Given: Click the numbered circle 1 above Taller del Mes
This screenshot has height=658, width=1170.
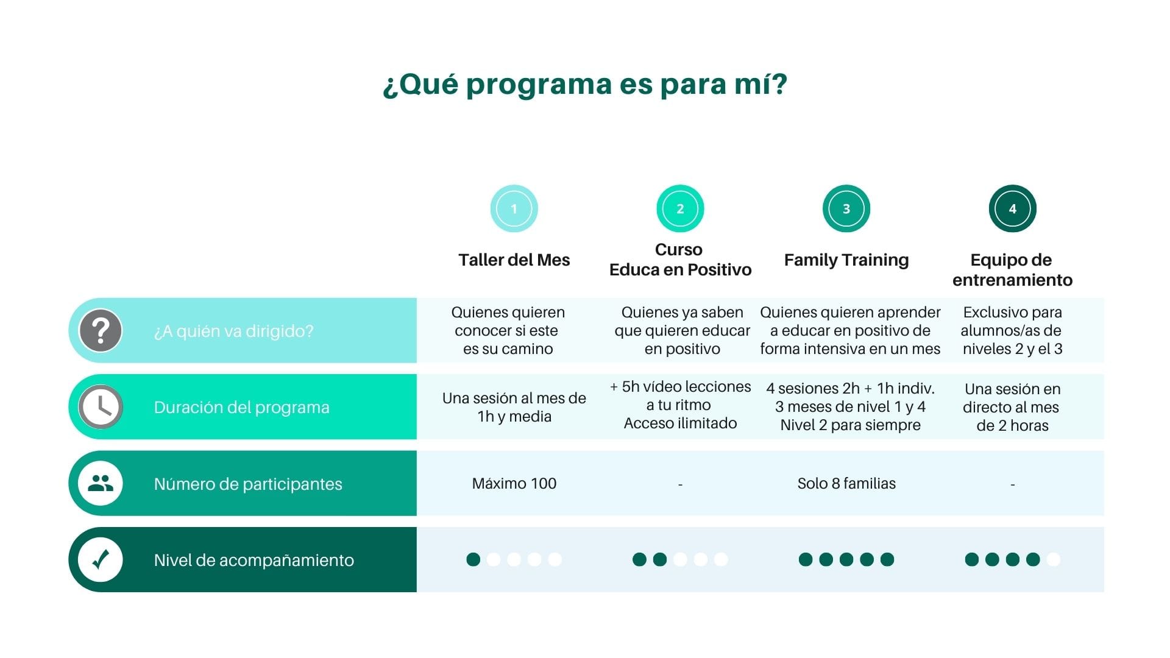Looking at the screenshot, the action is pyautogui.click(x=514, y=208).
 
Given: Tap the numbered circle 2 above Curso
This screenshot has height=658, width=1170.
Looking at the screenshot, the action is pyautogui.click(x=680, y=208).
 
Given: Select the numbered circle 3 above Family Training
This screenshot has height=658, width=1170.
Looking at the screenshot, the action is pyautogui.click(x=846, y=208).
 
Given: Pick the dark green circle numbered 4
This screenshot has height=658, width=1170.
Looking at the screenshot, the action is pyautogui.click(x=1013, y=208).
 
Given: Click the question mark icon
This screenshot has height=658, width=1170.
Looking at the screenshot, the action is pyautogui.click(x=101, y=331).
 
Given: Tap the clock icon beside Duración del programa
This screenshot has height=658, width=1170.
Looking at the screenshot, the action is pyautogui.click(x=101, y=407).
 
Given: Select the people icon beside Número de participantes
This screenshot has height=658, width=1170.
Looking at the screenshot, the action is pyautogui.click(x=101, y=483).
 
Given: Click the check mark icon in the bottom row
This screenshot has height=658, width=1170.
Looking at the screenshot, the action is pyautogui.click(x=101, y=559).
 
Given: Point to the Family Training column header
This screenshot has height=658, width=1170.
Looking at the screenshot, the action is pyautogui.click(x=846, y=260).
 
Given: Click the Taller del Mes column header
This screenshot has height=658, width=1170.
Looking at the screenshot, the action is pyautogui.click(x=514, y=260).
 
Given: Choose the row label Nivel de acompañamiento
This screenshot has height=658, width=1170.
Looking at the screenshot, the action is pyautogui.click(x=254, y=560).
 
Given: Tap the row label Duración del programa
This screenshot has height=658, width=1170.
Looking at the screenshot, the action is pyautogui.click(x=242, y=407).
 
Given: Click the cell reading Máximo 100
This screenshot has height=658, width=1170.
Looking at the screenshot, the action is pyautogui.click(x=514, y=483).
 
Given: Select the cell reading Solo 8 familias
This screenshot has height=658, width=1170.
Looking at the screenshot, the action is pyautogui.click(x=846, y=483).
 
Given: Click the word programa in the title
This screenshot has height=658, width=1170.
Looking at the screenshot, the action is pyautogui.click(x=539, y=85).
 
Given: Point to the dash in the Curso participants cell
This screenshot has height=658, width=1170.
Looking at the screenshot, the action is pyautogui.click(x=680, y=485).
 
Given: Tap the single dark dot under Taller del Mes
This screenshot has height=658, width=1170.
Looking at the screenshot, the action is pyautogui.click(x=473, y=559).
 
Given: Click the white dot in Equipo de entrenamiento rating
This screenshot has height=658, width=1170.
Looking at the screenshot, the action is pyautogui.click(x=1054, y=559).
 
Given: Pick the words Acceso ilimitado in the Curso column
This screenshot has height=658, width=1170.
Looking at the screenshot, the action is pyautogui.click(x=680, y=423).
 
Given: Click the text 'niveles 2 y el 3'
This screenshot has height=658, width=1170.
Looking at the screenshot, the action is pyautogui.click(x=1013, y=349).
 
